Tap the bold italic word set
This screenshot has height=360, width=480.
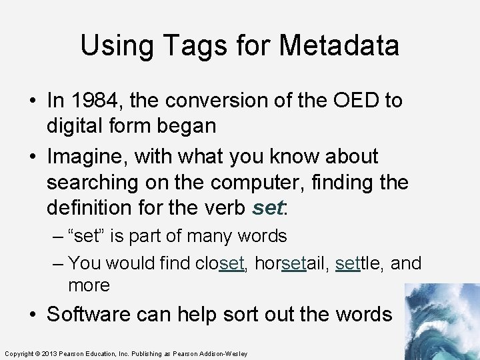pyautogui.click(x=268, y=208)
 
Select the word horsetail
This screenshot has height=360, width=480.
pyautogui.click(x=291, y=263)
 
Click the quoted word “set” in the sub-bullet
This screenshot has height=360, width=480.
pyautogui.click(x=87, y=236)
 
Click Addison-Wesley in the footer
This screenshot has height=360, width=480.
pyautogui.click(x=225, y=353)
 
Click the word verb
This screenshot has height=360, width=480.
pyautogui.click(x=227, y=208)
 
